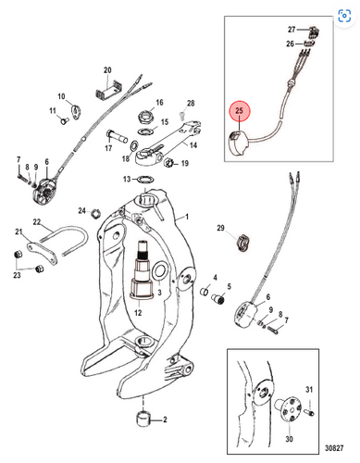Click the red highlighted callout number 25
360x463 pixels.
coord(240,110)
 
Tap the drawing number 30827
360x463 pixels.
coord(334,447)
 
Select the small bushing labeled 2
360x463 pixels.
coord(143,419)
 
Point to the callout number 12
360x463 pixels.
coord(138,312)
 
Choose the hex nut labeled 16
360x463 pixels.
coord(145,116)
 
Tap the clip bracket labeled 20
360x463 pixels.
coord(107,90)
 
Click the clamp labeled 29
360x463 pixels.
coord(243,243)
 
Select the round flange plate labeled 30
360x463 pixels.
coord(289,408)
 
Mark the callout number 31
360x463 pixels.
coord(309,390)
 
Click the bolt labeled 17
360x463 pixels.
coord(117,137)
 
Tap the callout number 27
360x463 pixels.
coord(292,30)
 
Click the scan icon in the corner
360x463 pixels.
coord(344,16)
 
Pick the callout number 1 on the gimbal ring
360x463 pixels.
coord(187,217)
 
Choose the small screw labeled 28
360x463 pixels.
coord(181,116)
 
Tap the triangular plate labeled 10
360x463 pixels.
coord(76,111)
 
